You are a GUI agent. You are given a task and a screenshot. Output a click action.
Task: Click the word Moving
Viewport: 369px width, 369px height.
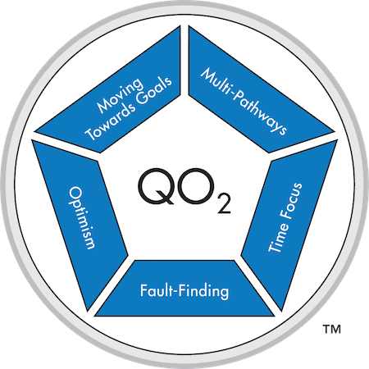(121, 94)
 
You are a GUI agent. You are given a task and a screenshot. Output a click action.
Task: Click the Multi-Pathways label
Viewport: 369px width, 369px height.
(244, 102)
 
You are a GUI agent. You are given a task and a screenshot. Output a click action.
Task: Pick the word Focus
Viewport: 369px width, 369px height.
(292, 200)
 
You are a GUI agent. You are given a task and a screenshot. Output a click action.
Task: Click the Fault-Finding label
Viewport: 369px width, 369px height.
(184, 291)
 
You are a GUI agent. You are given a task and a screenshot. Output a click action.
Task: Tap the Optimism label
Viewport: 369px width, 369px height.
(82, 218)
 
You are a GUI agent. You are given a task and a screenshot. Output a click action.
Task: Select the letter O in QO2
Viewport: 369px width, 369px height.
(195, 186)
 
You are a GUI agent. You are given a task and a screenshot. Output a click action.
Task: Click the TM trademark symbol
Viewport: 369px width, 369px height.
(332, 329)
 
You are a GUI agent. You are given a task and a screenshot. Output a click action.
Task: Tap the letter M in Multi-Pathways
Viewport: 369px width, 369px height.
(208, 75)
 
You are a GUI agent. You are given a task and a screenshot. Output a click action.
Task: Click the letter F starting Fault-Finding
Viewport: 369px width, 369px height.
(144, 290)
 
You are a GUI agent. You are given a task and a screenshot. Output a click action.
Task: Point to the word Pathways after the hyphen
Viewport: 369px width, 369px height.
(259, 114)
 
